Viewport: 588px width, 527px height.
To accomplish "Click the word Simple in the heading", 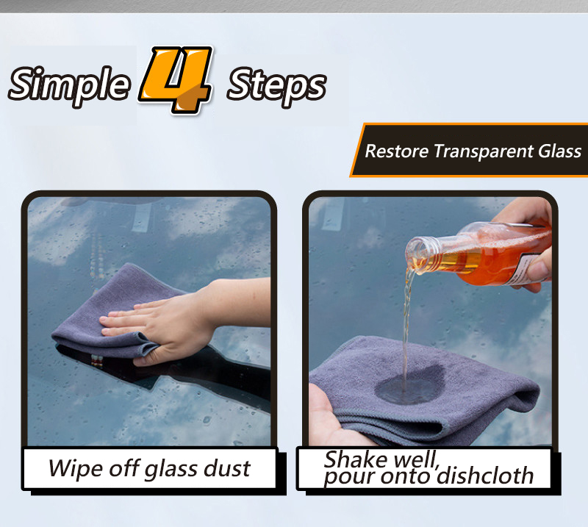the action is click(x=69, y=85).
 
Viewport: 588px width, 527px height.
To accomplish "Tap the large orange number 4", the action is click(x=176, y=79).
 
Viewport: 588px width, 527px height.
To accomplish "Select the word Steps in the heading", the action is click(x=277, y=87).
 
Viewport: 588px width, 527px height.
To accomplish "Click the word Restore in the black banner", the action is click(x=397, y=151).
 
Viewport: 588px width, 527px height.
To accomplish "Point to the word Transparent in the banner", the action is click(x=484, y=152).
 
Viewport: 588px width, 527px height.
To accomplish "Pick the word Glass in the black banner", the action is click(x=560, y=151).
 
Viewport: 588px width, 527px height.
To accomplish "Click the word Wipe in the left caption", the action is click(x=76, y=469).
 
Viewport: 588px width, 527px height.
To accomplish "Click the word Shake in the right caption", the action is click(x=355, y=459).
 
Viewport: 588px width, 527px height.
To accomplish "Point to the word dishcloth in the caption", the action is click(x=485, y=476).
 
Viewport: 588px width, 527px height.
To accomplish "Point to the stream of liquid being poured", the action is click(x=406, y=330).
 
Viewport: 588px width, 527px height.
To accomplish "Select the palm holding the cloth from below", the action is click(x=330, y=420).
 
